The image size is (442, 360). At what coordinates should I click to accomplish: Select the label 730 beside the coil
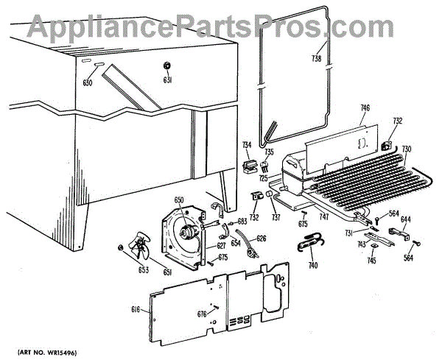(407, 149)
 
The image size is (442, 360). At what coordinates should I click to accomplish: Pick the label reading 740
(313, 265)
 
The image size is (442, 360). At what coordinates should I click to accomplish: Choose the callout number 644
(405, 219)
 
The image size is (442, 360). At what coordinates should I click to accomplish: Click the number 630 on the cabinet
(88, 82)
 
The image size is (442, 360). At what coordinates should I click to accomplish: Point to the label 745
(372, 260)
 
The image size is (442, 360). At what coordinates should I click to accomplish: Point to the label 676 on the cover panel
(201, 314)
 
